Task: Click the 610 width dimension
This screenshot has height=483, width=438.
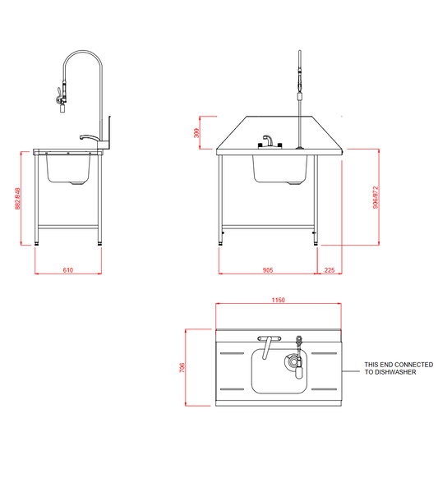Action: [68, 269]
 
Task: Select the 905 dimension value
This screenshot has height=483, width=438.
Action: [268, 269]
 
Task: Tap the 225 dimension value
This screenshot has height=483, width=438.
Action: [329, 269]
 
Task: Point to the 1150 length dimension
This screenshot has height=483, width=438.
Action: [278, 301]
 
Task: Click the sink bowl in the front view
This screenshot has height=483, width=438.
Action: [280, 168]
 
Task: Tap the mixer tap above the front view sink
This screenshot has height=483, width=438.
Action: [268, 142]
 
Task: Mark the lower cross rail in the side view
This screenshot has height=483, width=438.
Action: [70, 226]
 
